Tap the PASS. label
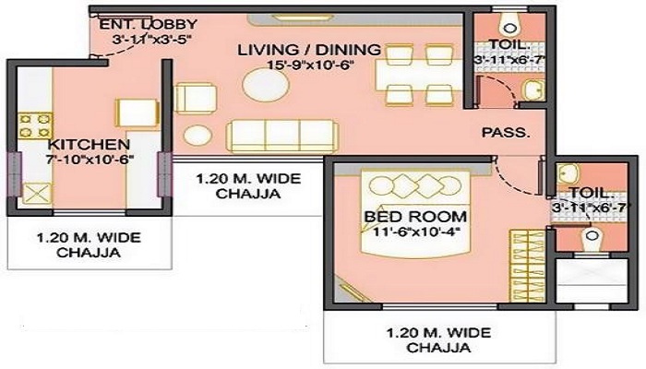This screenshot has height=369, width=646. point(507,133)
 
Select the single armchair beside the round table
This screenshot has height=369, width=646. point(193,98)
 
